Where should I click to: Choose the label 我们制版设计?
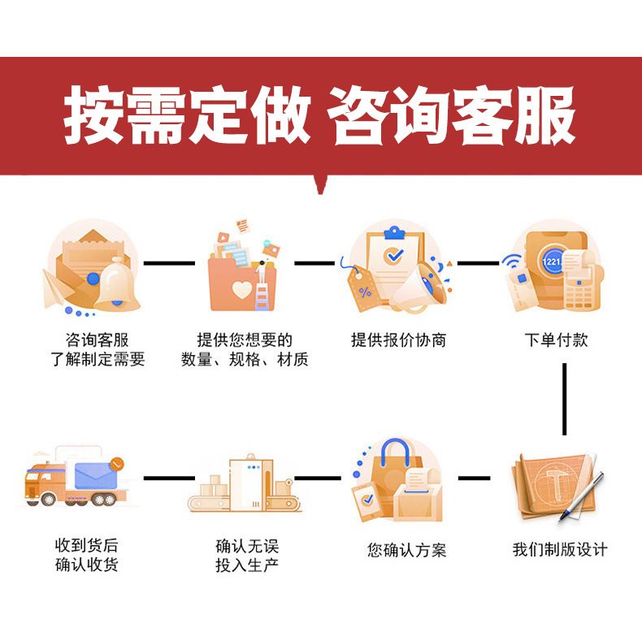point(559,549)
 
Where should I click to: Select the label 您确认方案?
point(406,550)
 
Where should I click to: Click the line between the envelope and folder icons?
point(170,263)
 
